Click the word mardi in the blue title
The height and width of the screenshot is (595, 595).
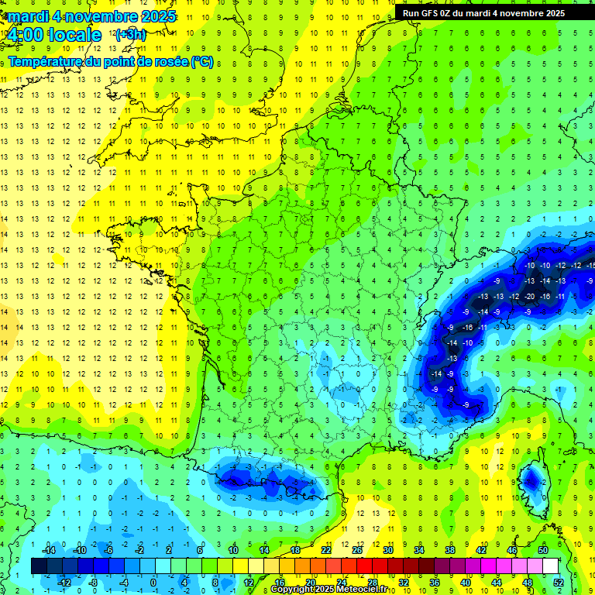(29, 16)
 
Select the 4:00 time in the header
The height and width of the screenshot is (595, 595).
(22, 35)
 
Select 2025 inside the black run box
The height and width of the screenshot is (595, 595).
(552, 13)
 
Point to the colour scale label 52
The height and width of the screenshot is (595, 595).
(558, 583)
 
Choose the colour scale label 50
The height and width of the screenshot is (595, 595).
(543, 550)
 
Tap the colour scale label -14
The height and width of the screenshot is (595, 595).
(50, 550)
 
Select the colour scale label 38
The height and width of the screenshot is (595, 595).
(449, 550)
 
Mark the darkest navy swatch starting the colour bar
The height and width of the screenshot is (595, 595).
(38, 566)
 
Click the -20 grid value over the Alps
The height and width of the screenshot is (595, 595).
(530, 296)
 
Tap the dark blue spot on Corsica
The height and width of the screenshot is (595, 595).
(532, 481)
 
